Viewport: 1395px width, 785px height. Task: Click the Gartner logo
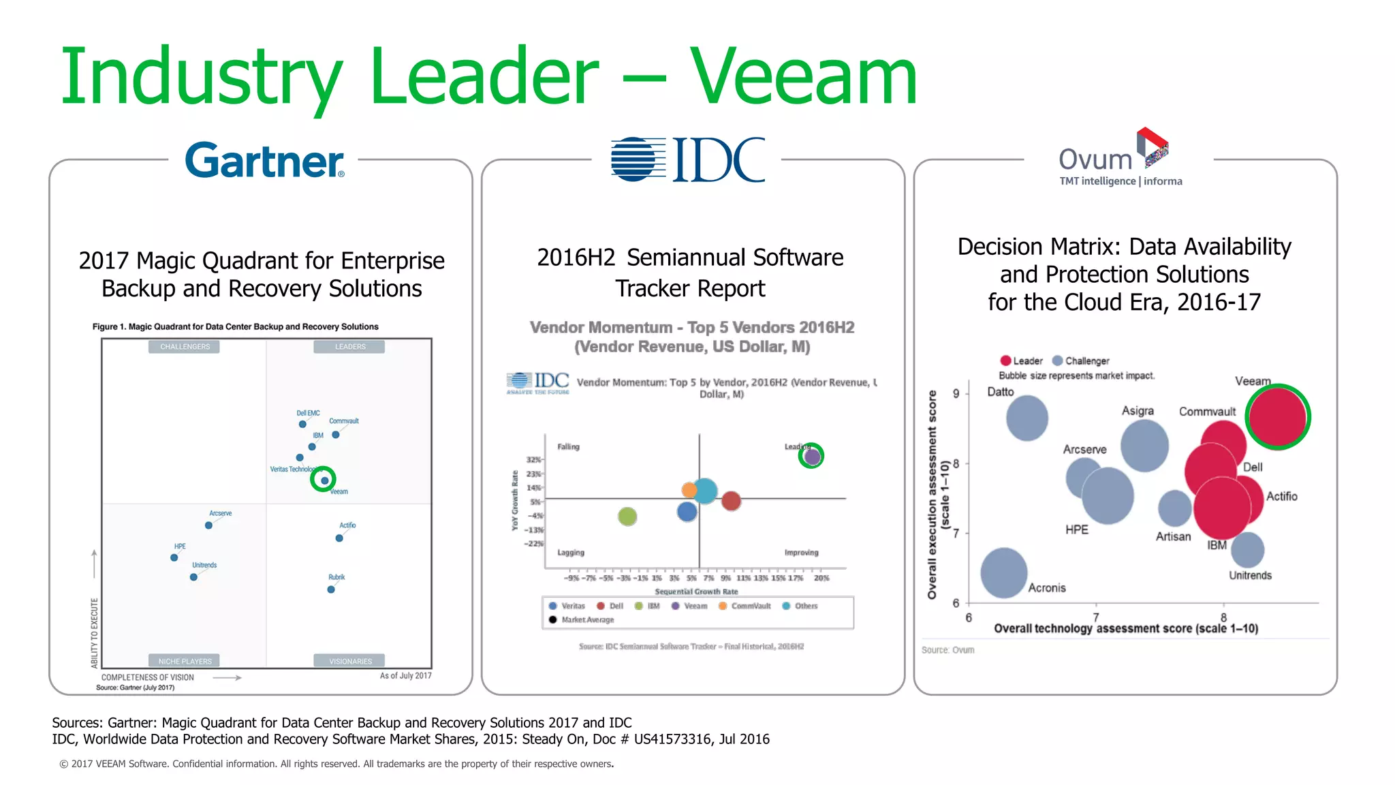(264, 161)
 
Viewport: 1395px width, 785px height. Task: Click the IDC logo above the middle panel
(688, 159)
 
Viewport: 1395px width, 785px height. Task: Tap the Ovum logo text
(1095, 159)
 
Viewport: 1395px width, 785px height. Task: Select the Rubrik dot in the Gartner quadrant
(331, 589)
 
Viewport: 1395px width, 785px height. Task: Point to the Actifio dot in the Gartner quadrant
(339, 538)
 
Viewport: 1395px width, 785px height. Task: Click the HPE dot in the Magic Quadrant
(174, 557)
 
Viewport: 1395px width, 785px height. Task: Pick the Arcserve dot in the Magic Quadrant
(208, 525)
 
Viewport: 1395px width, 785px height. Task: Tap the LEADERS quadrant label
(349, 347)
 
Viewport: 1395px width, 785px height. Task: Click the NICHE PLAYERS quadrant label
(185, 661)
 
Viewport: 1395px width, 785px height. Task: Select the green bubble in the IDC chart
(627, 517)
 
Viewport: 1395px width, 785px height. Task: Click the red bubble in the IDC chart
(731, 501)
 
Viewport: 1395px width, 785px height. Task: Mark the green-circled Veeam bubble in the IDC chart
(811, 456)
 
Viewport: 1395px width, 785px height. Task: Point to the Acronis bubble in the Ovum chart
(1003, 573)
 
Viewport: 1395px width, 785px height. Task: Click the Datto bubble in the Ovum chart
(1026, 418)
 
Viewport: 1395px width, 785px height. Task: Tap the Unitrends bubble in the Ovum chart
(1247, 550)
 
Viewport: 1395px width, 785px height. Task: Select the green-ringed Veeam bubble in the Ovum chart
(1278, 417)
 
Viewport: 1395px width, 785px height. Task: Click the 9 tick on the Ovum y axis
(956, 394)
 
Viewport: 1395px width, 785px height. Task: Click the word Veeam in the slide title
(804, 76)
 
